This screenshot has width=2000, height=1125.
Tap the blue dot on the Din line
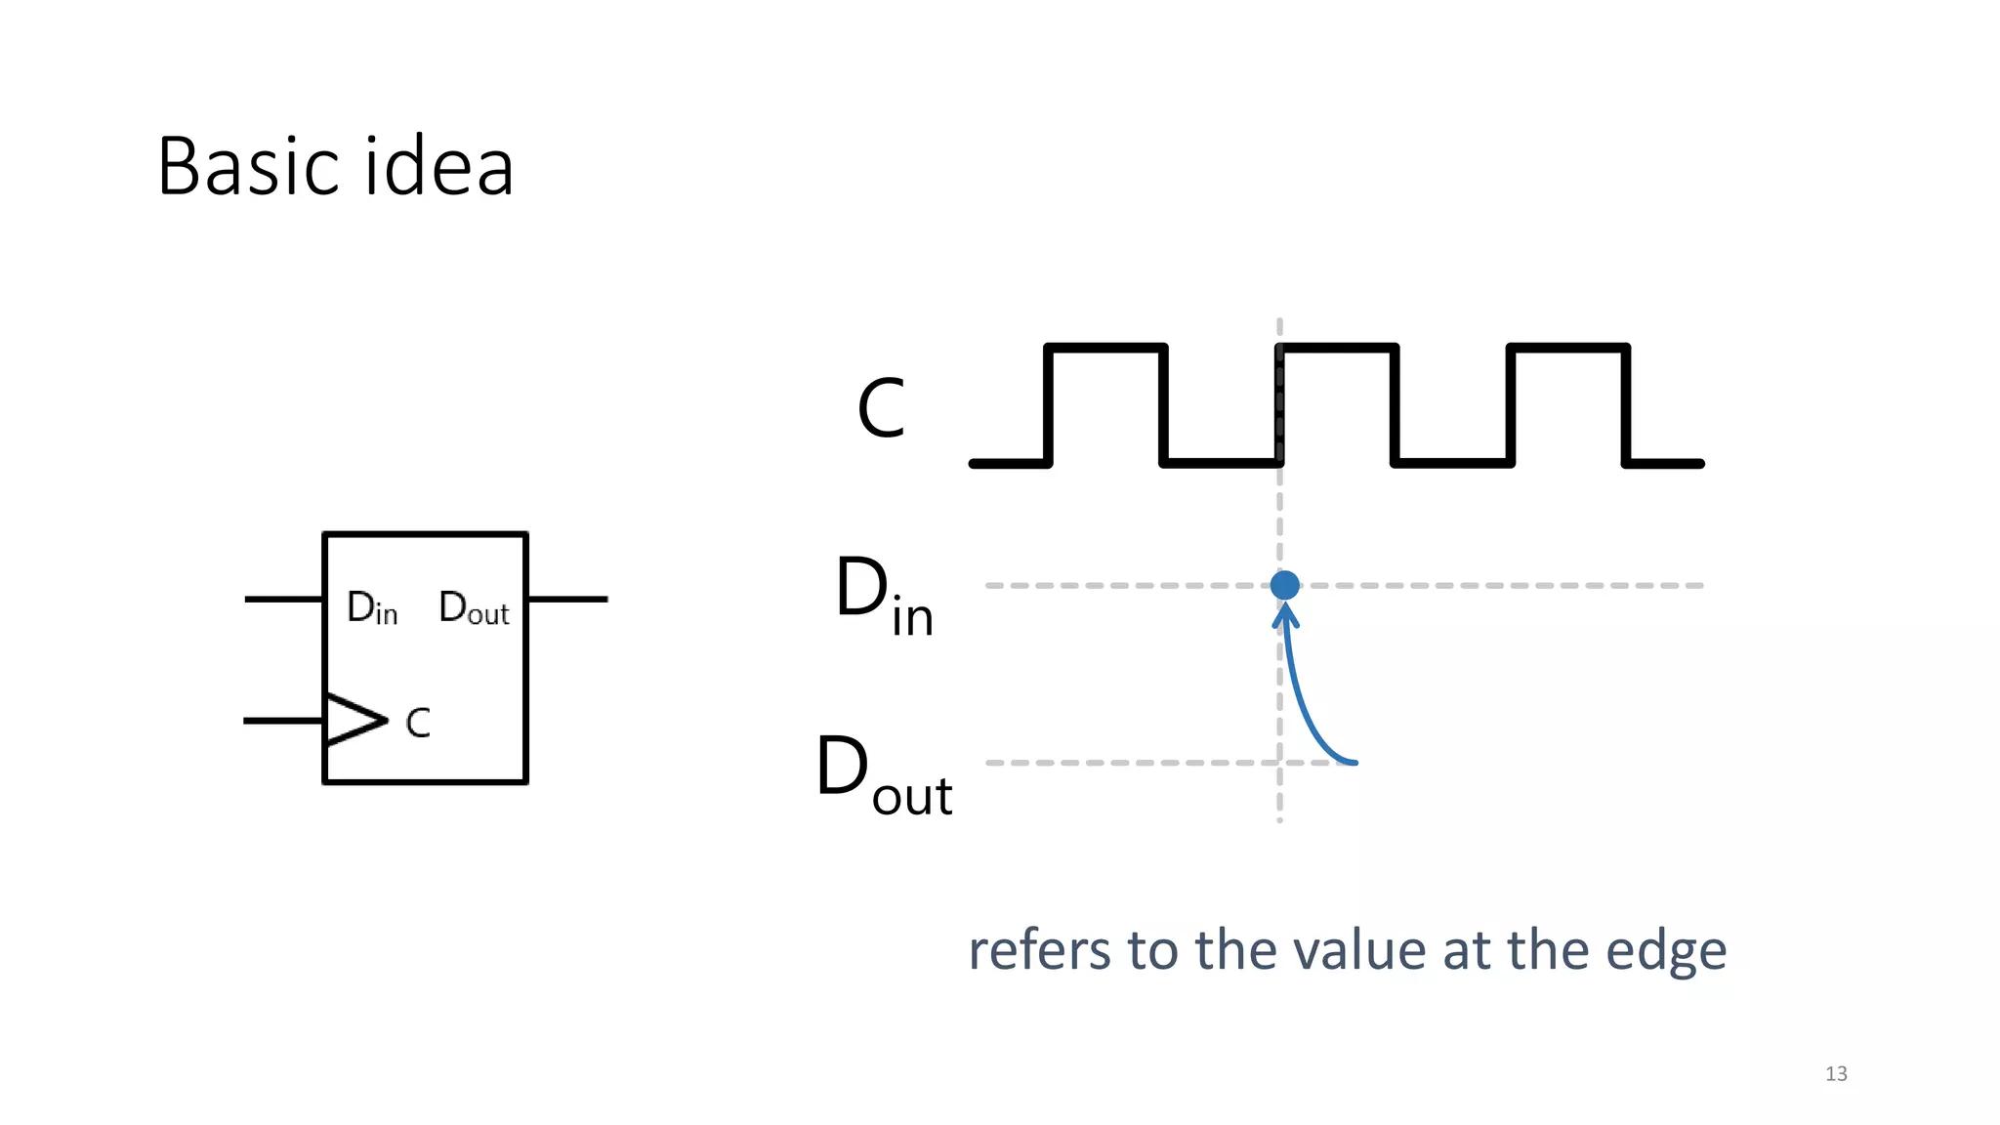pos(1284,585)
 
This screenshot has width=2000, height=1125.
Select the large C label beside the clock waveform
pos(881,408)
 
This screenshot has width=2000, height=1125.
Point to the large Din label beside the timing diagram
pos(884,596)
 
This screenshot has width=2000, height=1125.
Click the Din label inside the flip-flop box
pos(372,608)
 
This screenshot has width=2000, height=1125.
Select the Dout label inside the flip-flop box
pos(474,608)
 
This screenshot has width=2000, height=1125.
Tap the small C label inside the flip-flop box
pos(418,724)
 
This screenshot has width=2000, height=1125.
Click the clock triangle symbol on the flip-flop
pos(354,721)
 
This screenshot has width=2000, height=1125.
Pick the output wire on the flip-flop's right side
pos(567,599)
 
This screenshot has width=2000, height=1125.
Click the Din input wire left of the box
pos(283,599)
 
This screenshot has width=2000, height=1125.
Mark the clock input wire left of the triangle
pos(283,721)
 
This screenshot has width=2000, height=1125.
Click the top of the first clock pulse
pos(1105,348)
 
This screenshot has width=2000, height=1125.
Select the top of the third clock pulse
pos(1568,348)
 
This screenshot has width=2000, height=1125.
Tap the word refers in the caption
pos(1039,951)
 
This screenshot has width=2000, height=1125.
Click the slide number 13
pos(1836,1073)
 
